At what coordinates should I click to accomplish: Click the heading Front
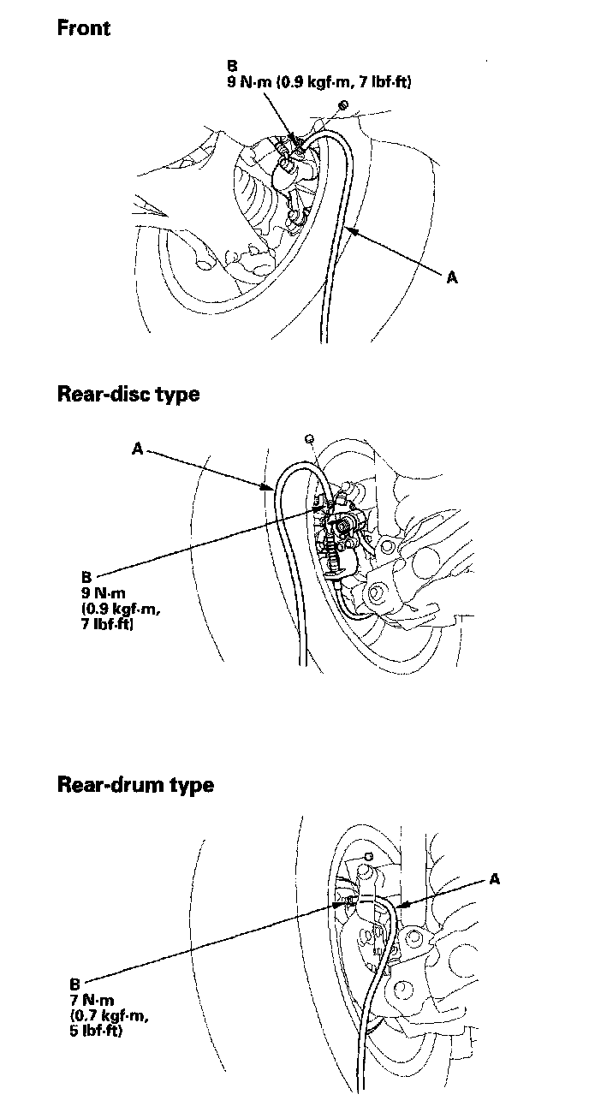(83, 27)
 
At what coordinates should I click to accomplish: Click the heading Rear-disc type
(128, 394)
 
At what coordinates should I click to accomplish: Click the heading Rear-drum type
(134, 784)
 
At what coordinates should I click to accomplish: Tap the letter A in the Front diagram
(452, 277)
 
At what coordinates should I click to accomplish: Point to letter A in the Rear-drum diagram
(495, 878)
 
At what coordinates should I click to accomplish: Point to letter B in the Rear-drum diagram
(76, 984)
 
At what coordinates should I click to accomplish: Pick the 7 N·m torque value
(93, 999)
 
